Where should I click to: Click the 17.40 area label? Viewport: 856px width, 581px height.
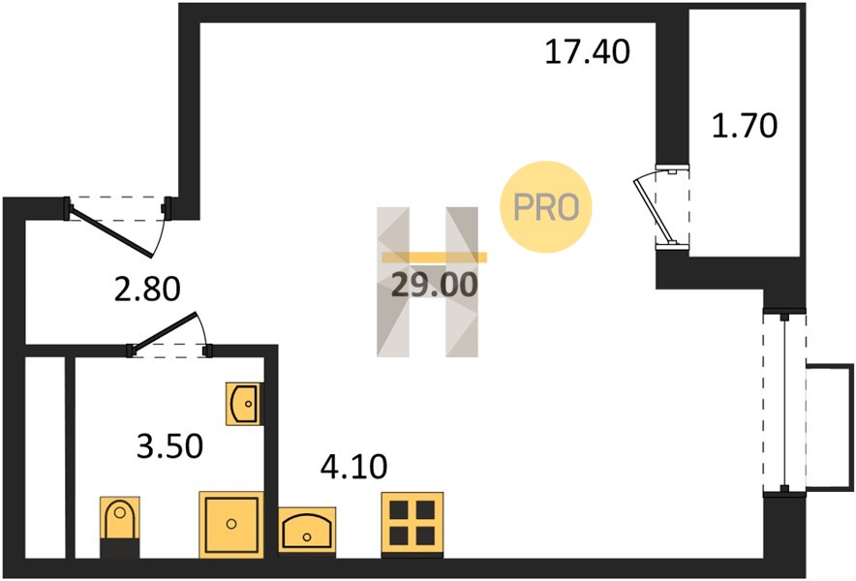pyautogui.click(x=588, y=52)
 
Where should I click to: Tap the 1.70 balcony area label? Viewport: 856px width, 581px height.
pyautogui.click(x=745, y=125)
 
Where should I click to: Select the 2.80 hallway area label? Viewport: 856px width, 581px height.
pyautogui.click(x=147, y=289)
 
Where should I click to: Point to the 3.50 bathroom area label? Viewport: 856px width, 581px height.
pyautogui.click(x=169, y=445)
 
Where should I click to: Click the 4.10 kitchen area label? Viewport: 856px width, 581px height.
pyautogui.click(x=353, y=467)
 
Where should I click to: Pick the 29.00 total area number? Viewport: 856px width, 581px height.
pyautogui.click(x=435, y=285)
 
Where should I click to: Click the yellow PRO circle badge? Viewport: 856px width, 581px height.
pyautogui.click(x=546, y=207)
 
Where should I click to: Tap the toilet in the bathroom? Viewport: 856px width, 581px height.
pyautogui.click(x=120, y=527)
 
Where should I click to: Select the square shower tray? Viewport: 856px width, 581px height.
pyautogui.click(x=231, y=524)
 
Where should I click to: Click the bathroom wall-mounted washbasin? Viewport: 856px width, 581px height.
pyautogui.click(x=244, y=404)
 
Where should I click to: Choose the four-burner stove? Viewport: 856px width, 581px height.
pyautogui.click(x=413, y=524)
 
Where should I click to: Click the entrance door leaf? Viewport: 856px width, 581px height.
pyautogui.click(x=112, y=233)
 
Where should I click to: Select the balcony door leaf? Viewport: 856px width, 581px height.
pyautogui.click(x=653, y=211)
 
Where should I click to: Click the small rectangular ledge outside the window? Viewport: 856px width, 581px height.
pyautogui.click(x=830, y=426)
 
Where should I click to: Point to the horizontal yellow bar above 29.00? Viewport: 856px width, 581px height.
pyautogui.click(x=434, y=258)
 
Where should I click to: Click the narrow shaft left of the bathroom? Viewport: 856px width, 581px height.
pyautogui.click(x=46, y=458)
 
